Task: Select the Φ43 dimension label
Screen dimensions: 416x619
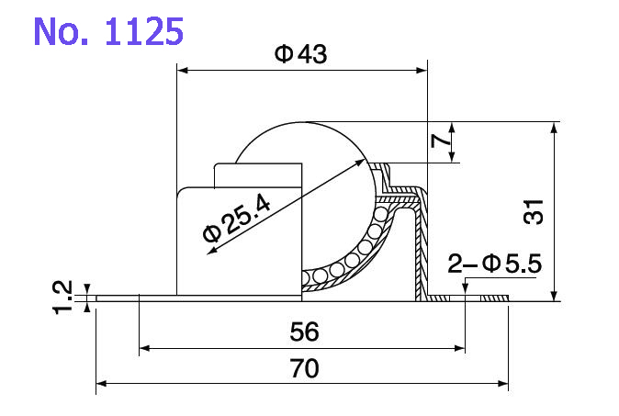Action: point(300,54)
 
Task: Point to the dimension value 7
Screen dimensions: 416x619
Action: point(442,141)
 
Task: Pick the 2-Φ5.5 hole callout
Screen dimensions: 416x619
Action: point(495,265)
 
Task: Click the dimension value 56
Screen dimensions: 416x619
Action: point(302,332)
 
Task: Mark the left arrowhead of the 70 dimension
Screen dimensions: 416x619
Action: point(102,382)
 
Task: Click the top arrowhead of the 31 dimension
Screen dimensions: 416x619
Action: point(554,127)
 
